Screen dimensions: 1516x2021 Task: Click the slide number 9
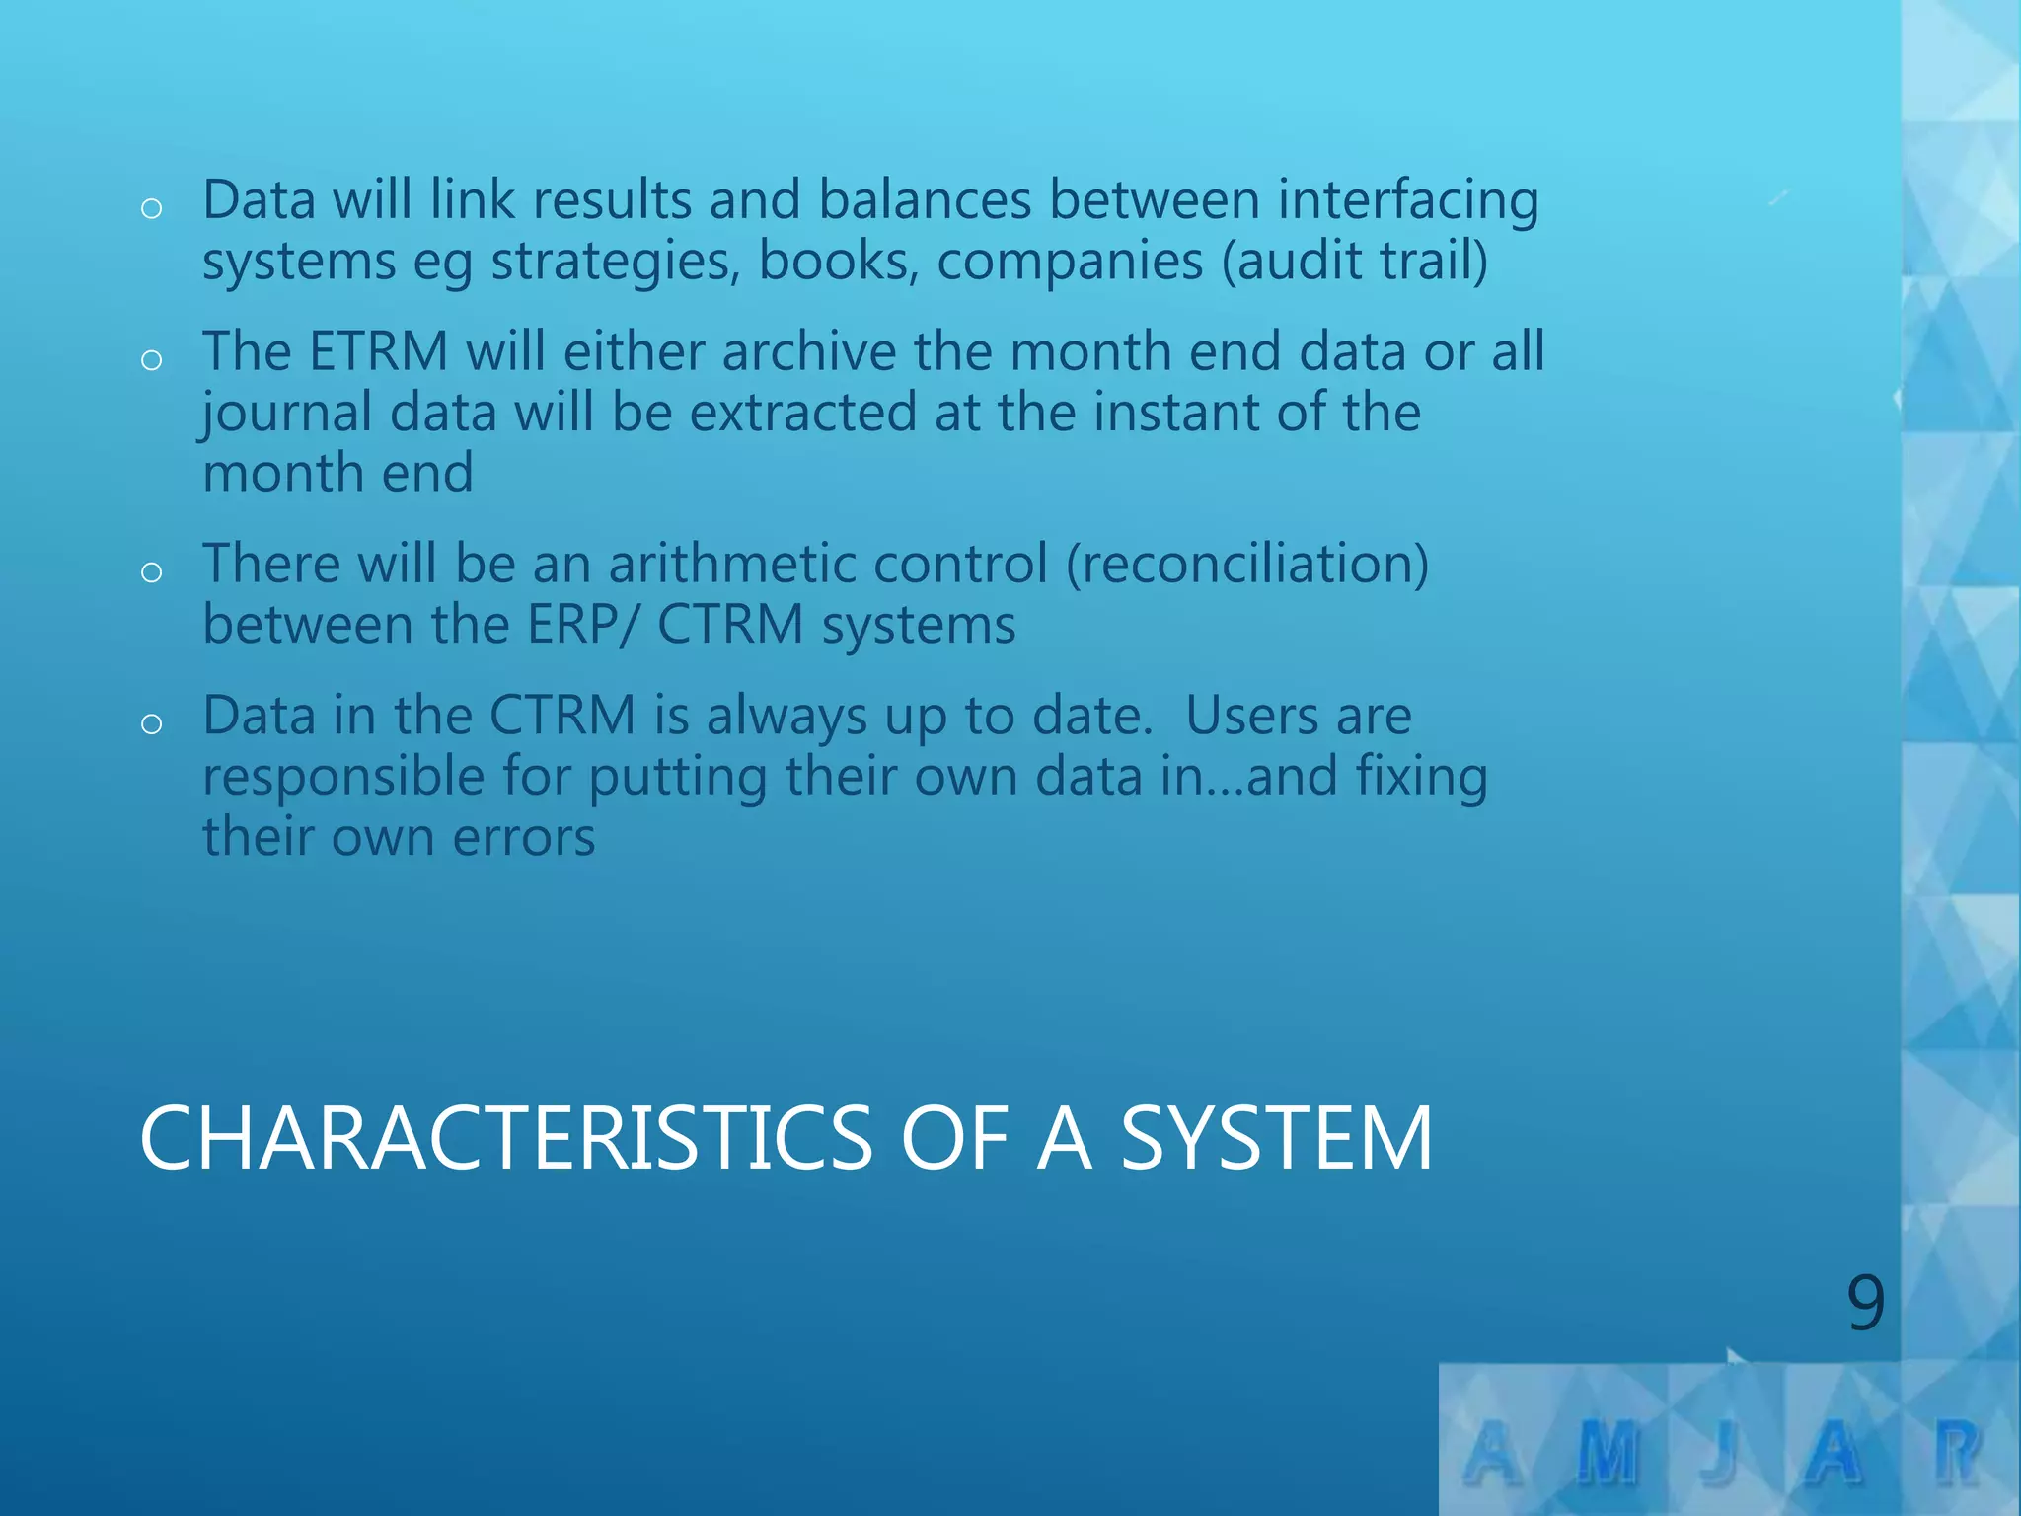[1865, 1302]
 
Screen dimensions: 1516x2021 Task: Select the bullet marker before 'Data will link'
[151, 208]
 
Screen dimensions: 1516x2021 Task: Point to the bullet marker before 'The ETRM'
[151, 360]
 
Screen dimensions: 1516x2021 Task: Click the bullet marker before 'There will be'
[151, 572]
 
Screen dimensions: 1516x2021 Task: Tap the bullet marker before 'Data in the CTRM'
[151, 724]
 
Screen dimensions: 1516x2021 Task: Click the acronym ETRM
[379, 351]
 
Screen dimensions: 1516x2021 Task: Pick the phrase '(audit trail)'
[1355, 262]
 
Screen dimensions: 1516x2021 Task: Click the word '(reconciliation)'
[1247, 565]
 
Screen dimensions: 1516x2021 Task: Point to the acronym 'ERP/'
[583, 625]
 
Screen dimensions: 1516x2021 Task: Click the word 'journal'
[286, 414]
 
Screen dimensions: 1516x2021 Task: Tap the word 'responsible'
[343, 777]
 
